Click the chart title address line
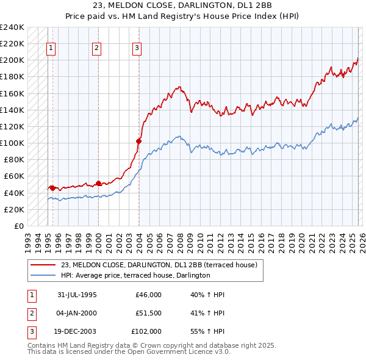pyautogui.click(x=182, y=4)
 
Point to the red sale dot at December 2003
pyautogui.click(x=138, y=141)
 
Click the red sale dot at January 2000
pyautogui.click(x=98, y=183)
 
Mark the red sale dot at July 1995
pyautogui.click(x=52, y=188)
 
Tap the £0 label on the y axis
pyautogui.click(x=18, y=226)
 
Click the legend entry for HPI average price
pyautogui.click(x=135, y=275)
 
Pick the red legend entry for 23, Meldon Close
pyautogui.click(x=159, y=265)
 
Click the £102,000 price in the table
pyautogui.click(x=146, y=331)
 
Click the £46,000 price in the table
pyautogui.click(x=148, y=295)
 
